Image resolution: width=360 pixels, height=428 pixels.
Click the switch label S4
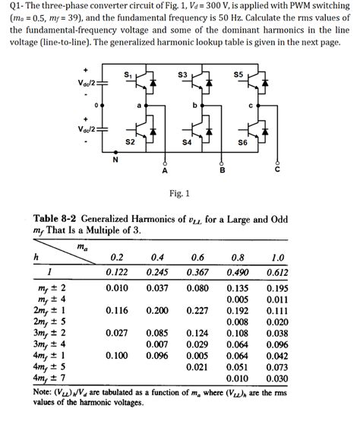coord(186,142)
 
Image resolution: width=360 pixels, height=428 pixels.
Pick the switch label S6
coord(243,142)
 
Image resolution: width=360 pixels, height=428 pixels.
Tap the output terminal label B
coord(222,173)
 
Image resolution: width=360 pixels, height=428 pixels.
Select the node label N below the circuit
coord(115,160)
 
